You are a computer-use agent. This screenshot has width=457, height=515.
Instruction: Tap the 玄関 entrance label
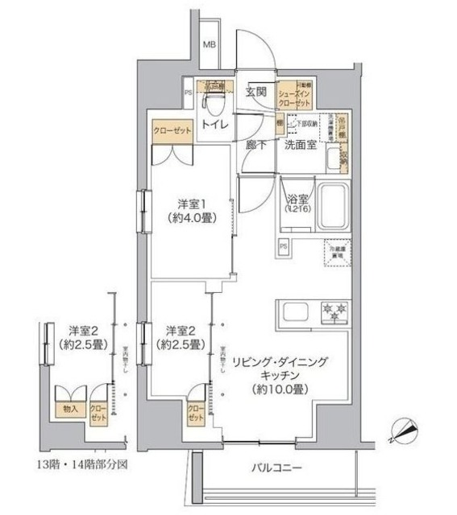256,91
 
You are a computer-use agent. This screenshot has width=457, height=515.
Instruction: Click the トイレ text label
214,125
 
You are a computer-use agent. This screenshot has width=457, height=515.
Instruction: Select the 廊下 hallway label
256,146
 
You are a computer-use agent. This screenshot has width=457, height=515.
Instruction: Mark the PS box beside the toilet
188,93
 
